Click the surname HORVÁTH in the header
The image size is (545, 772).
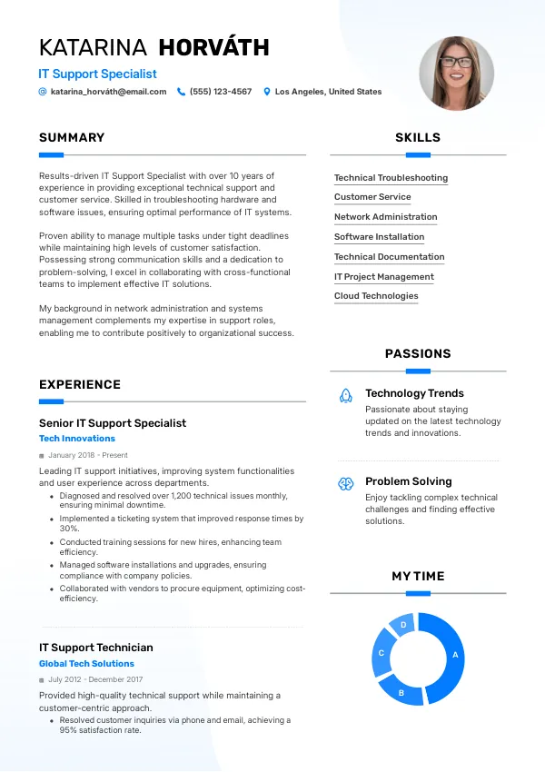click(213, 47)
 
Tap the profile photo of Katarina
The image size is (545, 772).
click(456, 74)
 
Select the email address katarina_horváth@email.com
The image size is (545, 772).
click(108, 92)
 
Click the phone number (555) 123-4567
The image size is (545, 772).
click(221, 92)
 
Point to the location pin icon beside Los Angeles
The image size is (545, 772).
click(267, 92)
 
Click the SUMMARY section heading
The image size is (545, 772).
click(72, 138)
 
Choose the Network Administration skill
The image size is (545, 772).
click(385, 217)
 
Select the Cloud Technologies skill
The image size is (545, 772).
click(376, 296)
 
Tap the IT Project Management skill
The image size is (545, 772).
click(383, 277)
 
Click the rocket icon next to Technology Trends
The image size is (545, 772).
click(345, 395)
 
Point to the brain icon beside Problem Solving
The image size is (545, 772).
click(345, 483)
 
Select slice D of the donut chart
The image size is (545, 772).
click(402, 626)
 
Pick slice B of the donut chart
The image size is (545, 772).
click(401, 692)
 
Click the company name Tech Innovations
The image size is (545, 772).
click(77, 439)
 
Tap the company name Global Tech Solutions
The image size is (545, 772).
click(86, 664)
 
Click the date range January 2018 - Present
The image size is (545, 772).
click(88, 455)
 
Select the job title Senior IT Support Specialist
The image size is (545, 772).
click(113, 423)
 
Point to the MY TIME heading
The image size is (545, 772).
click(418, 576)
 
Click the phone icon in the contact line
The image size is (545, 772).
click(182, 92)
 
